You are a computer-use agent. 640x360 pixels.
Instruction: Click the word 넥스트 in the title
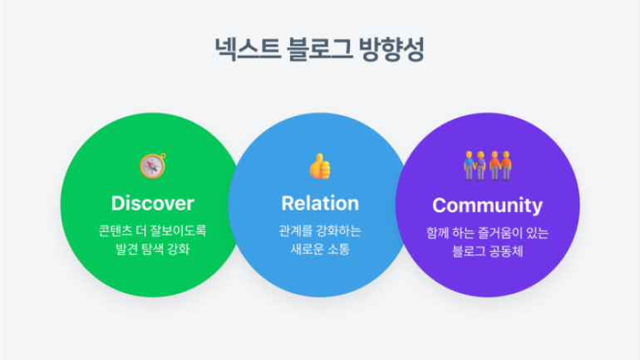[x=248, y=49]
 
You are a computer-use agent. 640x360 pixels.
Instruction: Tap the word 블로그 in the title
[x=319, y=49]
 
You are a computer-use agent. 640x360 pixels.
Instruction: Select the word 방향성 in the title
[x=391, y=49]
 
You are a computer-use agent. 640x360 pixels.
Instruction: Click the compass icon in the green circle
[x=153, y=165]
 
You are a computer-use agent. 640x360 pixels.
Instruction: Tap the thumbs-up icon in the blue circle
[x=320, y=166]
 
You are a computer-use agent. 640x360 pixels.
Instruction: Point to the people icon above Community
[x=487, y=165]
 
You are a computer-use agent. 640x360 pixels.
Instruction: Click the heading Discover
[x=153, y=203]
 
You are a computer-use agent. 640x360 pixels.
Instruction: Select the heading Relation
[x=320, y=203]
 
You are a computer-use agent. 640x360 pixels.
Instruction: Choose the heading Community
[x=487, y=205]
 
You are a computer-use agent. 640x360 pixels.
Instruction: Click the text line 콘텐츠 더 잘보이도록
[x=153, y=230]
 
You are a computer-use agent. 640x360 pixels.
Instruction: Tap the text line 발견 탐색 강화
[x=153, y=249]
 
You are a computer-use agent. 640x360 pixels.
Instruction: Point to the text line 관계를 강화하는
[x=320, y=230]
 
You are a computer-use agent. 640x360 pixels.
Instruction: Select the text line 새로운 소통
[x=320, y=249]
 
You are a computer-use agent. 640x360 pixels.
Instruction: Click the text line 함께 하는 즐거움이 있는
[x=487, y=233]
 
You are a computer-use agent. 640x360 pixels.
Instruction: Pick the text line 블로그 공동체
[x=487, y=251]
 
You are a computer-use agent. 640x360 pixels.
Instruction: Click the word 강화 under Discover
[x=179, y=249]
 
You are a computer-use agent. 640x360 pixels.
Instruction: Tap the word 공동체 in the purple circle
[x=505, y=251]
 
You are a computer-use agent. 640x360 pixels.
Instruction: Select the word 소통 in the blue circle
[x=338, y=249]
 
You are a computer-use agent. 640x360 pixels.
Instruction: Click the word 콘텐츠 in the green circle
[x=116, y=230]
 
